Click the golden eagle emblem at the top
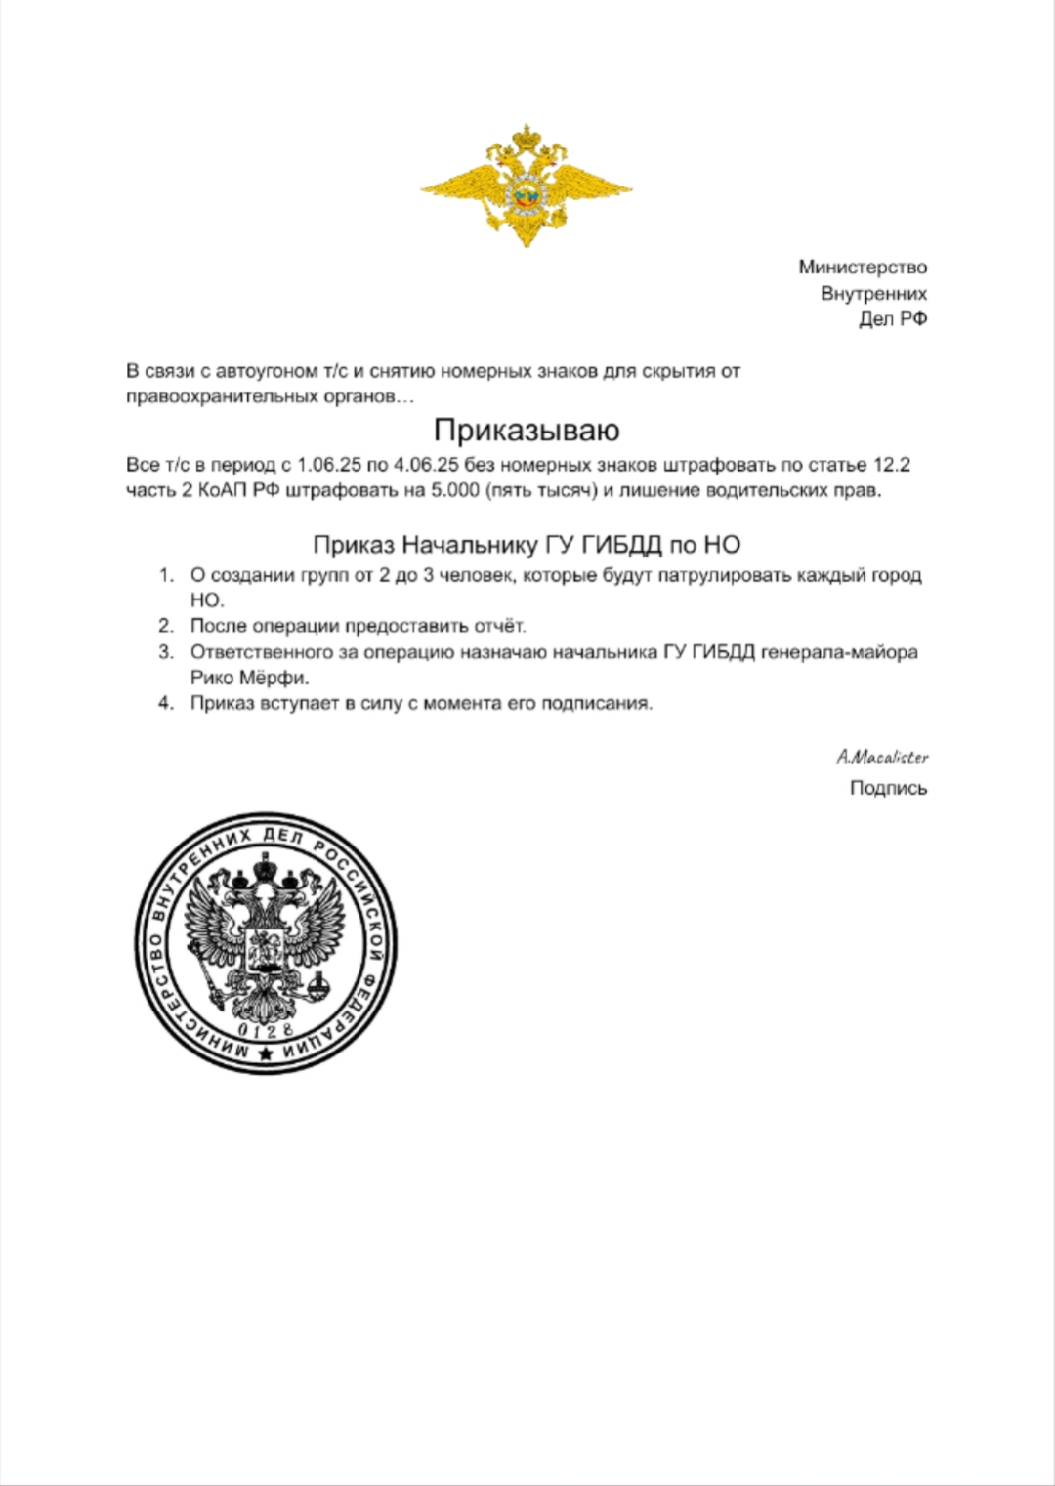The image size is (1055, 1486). pyautogui.click(x=527, y=186)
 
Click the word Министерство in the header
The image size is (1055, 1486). pyautogui.click(x=863, y=268)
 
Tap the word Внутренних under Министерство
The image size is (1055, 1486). pyautogui.click(x=873, y=293)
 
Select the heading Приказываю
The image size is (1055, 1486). pyautogui.click(x=527, y=431)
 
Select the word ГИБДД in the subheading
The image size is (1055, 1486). pyautogui.click(x=621, y=545)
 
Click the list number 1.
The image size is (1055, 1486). pyautogui.click(x=166, y=575)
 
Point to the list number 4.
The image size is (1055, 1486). pyautogui.click(x=166, y=703)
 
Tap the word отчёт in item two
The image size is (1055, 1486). pyautogui.click(x=497, y=626)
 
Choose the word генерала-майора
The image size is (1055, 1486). pyautogui.click(x=839, y=652)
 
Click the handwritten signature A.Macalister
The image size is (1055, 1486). pyautogui.click(x=882, y=757)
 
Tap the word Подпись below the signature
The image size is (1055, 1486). pyautogui.click(x=888, y=788)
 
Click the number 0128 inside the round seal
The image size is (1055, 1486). pyautogui.click(x=266, y=1031)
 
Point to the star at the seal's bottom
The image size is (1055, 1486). pyautogui.click(x=266, y=1053)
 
